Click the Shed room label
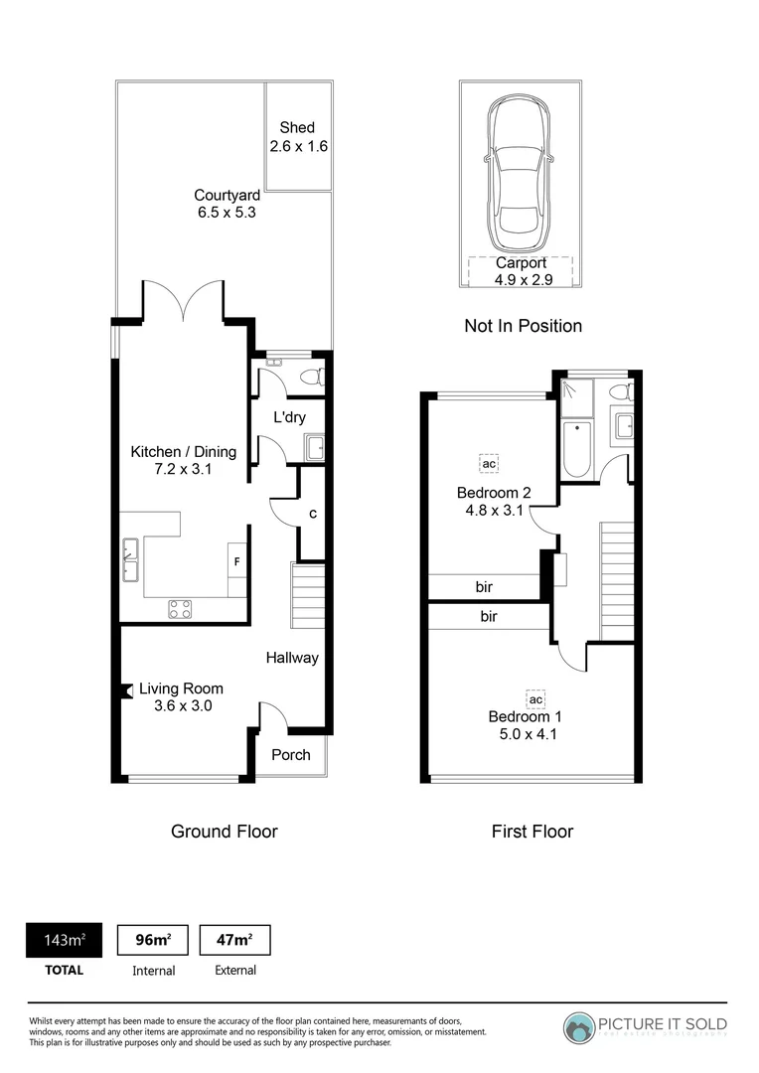[297, 137]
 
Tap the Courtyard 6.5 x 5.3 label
[227, 204]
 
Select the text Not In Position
[523, 326]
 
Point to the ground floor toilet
[310, 378]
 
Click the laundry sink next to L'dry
[315, 448]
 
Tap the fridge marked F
[236, 561]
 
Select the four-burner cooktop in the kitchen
[180, 609]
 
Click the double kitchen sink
[131, 558]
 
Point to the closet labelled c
[313, 515]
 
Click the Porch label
[291, 755]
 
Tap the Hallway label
[292, 658]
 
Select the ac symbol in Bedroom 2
[488, 464]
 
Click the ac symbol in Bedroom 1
[524, 698]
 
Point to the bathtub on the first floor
[576, 450]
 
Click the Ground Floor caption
[225, 832]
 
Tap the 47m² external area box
[234, 941]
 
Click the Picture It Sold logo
[646, 1026]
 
